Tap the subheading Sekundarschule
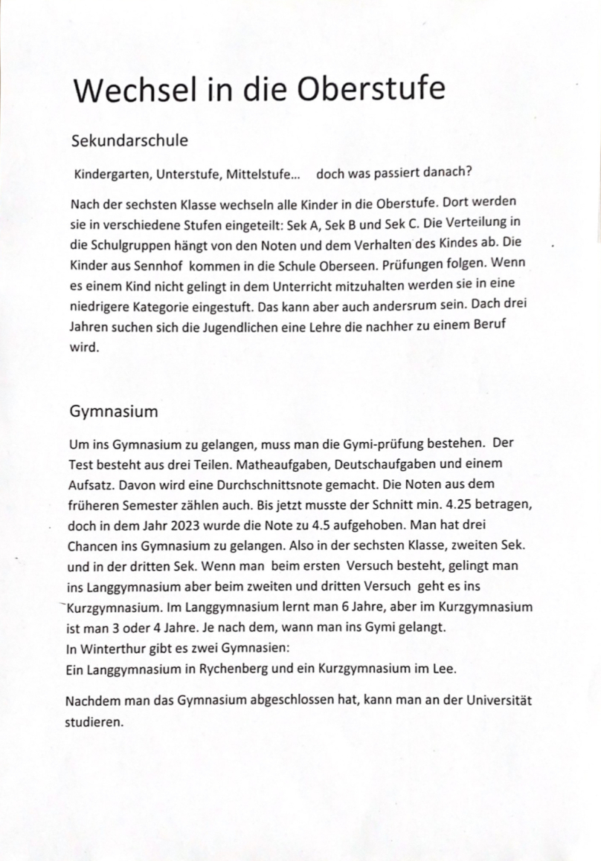[x=129, y=140]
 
